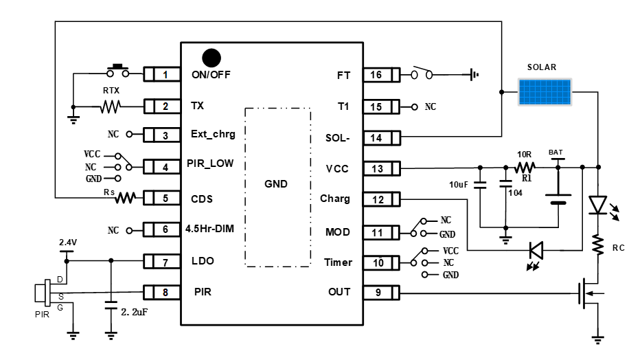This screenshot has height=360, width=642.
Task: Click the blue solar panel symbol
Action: coord(544,91)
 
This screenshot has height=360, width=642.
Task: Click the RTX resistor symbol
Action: coord(110,106)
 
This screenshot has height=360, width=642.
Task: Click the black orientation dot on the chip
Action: coord(211,57)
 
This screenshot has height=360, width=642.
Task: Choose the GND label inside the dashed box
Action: coord(276,184)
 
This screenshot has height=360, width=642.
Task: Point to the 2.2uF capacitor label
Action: coord(135,312)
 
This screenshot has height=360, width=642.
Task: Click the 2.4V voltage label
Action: coord(67,243)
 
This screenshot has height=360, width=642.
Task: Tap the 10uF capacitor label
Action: coord(458,185)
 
